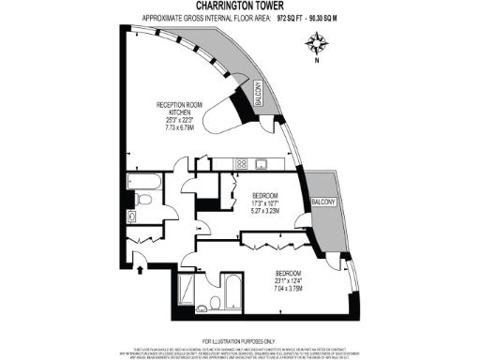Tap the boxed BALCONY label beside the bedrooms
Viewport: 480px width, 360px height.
[324, 202]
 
